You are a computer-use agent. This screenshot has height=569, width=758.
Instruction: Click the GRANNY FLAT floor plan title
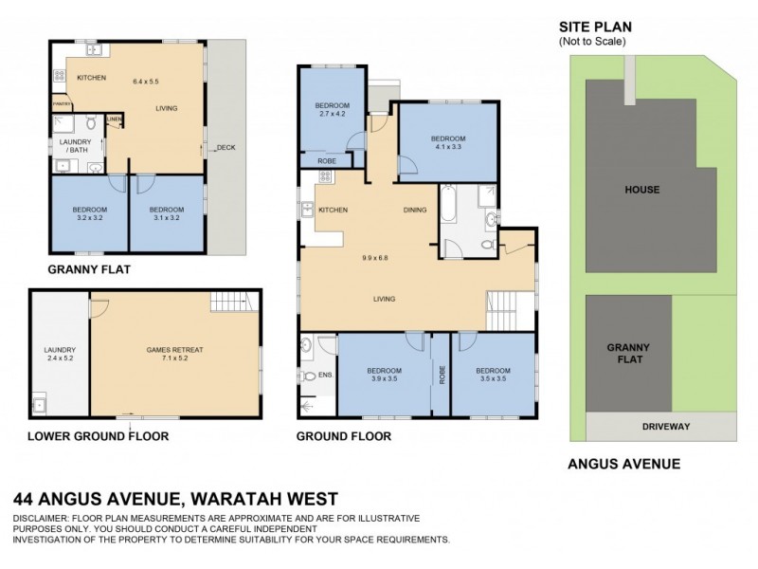point(89,269)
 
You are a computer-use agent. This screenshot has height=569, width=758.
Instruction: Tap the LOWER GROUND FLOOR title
point(99,436)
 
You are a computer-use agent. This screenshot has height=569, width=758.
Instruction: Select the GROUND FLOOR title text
point(343,436)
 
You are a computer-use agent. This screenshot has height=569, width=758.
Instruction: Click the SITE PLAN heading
point(595,28)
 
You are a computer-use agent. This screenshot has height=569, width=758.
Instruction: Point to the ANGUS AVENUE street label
point(623,464)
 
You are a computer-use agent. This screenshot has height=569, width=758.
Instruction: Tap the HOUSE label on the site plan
point(641,190)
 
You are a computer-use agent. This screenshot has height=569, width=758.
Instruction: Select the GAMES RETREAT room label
point(174,350)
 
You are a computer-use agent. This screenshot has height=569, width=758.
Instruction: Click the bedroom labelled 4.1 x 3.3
point(448,142)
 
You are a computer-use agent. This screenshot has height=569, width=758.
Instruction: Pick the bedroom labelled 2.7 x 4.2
point(332,110)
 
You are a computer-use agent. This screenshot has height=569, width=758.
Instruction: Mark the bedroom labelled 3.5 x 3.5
point(493,375)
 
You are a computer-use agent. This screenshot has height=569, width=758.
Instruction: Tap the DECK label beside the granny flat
point(225,147)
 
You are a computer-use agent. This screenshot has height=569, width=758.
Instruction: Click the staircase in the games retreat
point(233,303)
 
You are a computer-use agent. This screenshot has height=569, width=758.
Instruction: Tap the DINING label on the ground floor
point(415,210)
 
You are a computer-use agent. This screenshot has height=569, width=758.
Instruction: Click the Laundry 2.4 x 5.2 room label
point(59,355)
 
